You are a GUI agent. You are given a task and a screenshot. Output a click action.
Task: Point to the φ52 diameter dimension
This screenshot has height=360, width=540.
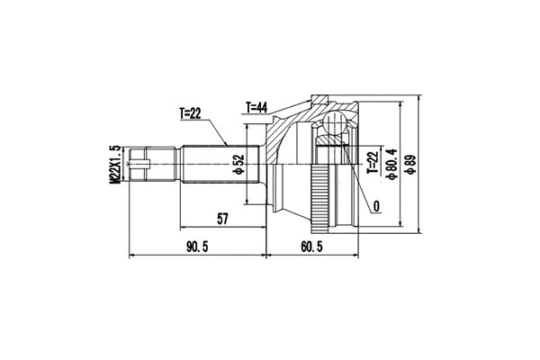[239, 166]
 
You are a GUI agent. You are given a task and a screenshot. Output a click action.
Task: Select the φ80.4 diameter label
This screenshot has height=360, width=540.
[390, 163]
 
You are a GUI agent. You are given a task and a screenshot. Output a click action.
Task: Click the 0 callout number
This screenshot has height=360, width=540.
[375, 207]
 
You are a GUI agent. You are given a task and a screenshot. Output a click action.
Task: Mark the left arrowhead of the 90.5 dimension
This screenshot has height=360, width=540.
[133, 256]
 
